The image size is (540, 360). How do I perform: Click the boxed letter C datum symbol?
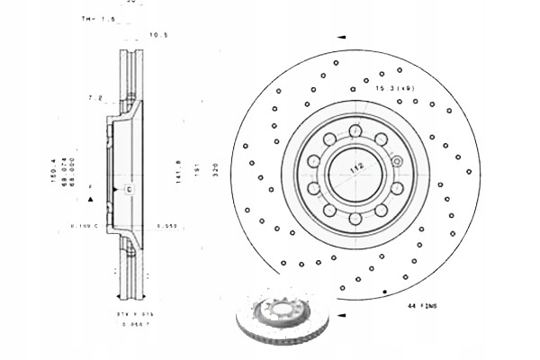(128, 189)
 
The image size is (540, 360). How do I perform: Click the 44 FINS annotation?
(422, 307)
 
